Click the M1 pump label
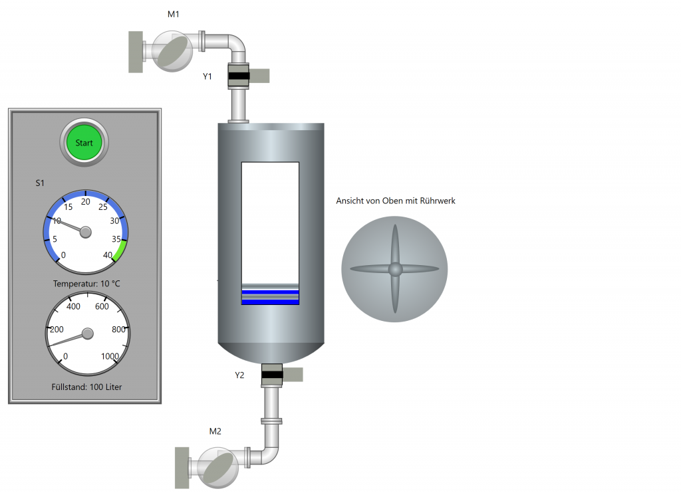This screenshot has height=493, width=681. (x=174, y=15)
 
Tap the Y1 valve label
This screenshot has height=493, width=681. (x=207, y=76)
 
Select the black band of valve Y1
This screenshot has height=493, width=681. (x=239, y=76)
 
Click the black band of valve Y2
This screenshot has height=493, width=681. (x=272, y=375)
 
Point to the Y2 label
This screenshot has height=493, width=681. (x=239, y=375)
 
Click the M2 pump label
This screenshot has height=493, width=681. (x=215, y=431)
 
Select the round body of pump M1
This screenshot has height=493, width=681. (x=172, y=51)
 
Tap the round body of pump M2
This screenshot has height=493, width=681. (x=218, y=468)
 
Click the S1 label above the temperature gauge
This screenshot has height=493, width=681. (x=40, y=183)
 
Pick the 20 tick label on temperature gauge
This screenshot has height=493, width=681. (x=86, y=202)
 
